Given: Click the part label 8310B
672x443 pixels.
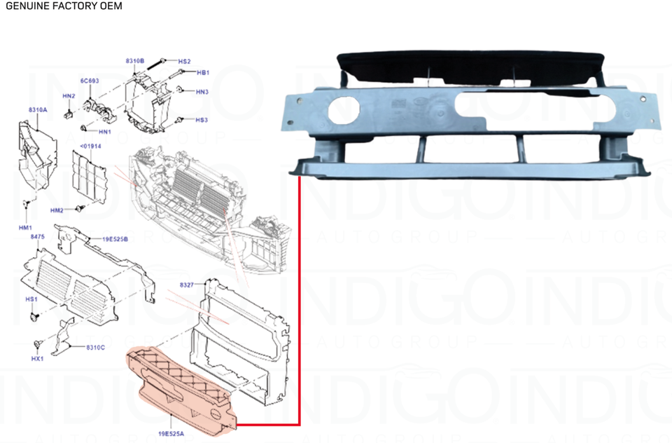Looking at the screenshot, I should point(135,62).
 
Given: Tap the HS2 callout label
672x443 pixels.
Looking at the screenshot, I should point(185,62).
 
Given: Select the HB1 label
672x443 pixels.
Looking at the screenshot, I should point(203,73).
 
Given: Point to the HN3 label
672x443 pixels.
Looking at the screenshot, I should point(202,92).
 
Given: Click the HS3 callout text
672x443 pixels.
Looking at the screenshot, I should point(202,120).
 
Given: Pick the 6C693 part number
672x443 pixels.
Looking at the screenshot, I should point(90,81).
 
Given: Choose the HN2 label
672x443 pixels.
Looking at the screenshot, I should point(69,96).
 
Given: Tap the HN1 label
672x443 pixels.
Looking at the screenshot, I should point(105,132).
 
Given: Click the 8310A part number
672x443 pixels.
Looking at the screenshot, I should point(38,111).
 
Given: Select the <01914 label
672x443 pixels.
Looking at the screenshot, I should point(91,146).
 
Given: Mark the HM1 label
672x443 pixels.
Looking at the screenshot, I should point(25,229).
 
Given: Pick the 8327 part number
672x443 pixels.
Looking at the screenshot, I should point(187,285).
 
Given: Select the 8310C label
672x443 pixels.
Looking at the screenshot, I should point(95,348).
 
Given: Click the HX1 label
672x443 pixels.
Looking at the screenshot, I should point(38,358).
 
